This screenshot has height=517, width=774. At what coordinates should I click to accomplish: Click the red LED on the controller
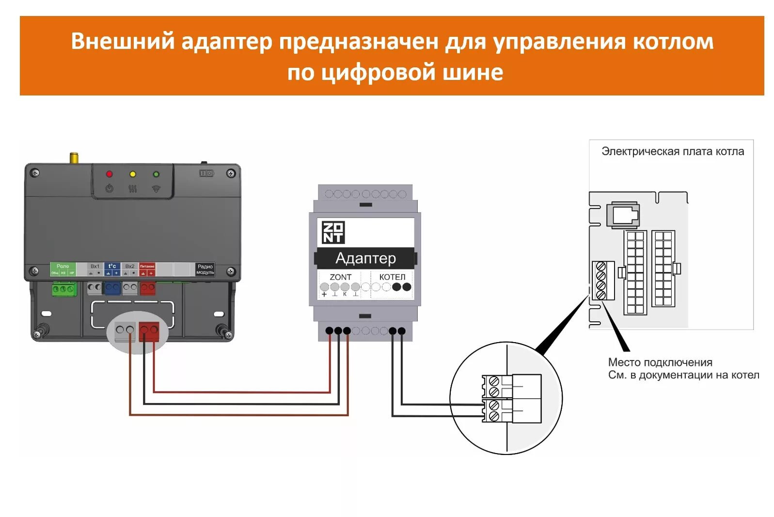click(x=109, y=174)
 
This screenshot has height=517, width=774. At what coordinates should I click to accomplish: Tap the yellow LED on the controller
click(x=132, y=174)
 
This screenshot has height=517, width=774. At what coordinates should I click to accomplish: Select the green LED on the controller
click(x=156, y=174)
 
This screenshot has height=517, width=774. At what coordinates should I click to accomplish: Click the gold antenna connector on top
click(x=74, y=158)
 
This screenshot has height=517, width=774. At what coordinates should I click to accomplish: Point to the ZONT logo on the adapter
click(x=333, y=232)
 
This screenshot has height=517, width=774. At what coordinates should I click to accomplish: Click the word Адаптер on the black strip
click(x=365, y=258)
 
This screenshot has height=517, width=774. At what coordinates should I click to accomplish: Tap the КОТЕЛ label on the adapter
click(x=392, y=277)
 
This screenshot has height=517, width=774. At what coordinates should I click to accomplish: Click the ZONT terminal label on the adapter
click(x=340, y=277)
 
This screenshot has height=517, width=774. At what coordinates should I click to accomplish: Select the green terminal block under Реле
click(x=64, y=289)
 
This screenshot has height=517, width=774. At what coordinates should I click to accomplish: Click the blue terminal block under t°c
click(x=112, y=288)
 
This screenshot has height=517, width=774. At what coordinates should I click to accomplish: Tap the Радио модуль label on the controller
click(x=205, y=269)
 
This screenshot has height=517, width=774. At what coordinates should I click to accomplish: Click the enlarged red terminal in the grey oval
click(x=149, y=331)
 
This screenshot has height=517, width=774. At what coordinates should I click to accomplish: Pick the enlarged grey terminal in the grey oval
click(x=125, y=331)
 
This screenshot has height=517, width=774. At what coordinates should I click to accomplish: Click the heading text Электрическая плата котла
click(x=672, y=152)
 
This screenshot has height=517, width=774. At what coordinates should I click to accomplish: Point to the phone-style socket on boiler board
click(x=625, y=214)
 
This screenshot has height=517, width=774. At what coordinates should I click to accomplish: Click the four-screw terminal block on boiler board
click(x=601, y=281)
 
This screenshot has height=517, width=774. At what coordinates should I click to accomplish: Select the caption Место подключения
click(x=660, y=362)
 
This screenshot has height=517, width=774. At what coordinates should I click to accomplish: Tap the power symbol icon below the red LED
click(x=109, y=188)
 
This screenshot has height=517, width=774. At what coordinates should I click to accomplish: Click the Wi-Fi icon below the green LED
click(x=156, y=188)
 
